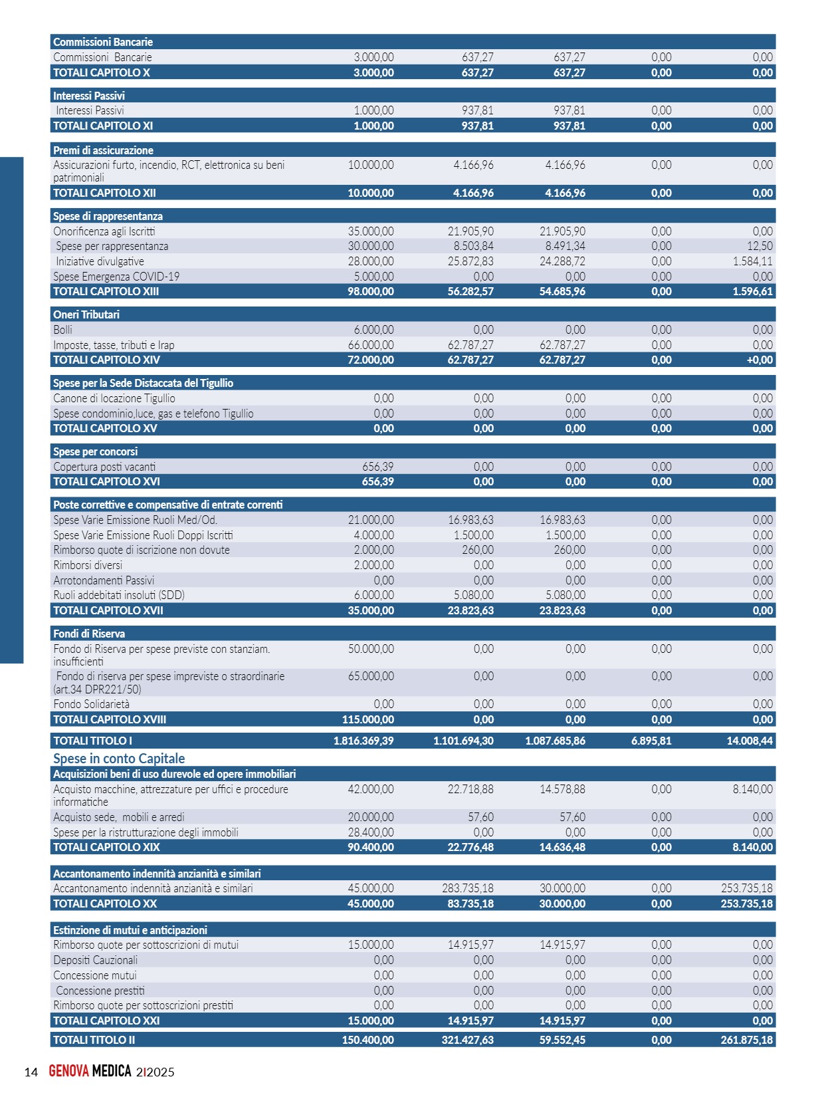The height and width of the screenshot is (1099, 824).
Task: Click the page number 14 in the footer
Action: [31, 1072]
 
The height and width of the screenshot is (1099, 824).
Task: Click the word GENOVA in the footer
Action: [68, 1071]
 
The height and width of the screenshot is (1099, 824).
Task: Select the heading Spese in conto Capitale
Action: [119, 759]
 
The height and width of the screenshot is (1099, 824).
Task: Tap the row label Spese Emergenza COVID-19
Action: [116, 277]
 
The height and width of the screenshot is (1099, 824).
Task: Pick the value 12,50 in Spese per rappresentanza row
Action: [760, 246]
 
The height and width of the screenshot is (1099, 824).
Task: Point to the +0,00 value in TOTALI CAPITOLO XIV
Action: [760, 360]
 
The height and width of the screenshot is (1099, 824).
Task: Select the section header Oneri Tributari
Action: [86, 314]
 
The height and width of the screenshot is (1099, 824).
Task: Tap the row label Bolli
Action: [63, 330]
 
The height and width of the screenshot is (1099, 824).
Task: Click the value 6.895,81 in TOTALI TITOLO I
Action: [651, 741]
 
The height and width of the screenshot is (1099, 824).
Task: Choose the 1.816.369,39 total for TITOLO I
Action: [363, 741]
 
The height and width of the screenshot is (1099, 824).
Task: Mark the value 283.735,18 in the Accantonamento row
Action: [468, 888]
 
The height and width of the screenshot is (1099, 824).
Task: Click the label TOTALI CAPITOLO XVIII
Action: [110, 719]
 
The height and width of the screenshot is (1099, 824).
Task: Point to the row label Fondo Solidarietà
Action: [92, 704]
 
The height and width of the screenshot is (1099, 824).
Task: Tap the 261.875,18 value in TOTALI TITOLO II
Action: [747, 1040]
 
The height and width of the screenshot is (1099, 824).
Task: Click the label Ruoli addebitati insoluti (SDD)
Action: [119, 595]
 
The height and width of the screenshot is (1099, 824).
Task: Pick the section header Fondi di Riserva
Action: [89, 634]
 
